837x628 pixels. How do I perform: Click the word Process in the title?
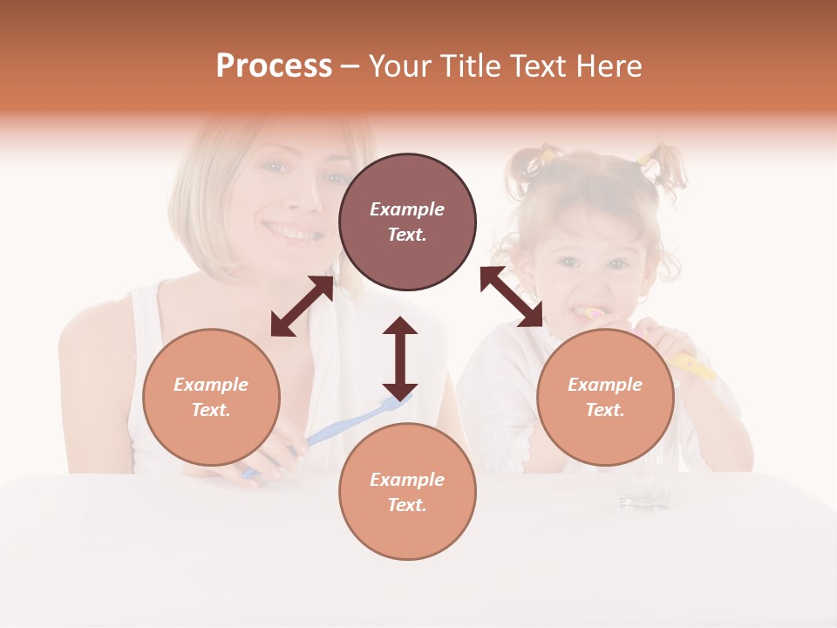[274, 66]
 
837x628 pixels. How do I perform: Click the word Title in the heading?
[468, 66]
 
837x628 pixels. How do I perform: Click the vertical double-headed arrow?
[400, 358]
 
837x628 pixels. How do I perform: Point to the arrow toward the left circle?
[302, 306]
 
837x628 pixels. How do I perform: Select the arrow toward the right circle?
[512, 297]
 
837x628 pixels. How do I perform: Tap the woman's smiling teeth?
[293, 233]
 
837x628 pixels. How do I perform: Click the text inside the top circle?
[407, 222]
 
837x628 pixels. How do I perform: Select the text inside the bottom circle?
[407, 492]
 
